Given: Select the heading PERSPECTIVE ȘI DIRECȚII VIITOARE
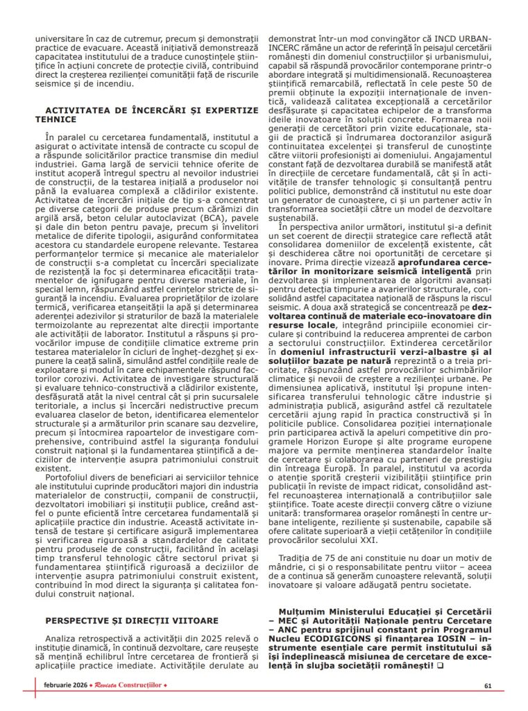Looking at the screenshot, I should click(x=131, y=620).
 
